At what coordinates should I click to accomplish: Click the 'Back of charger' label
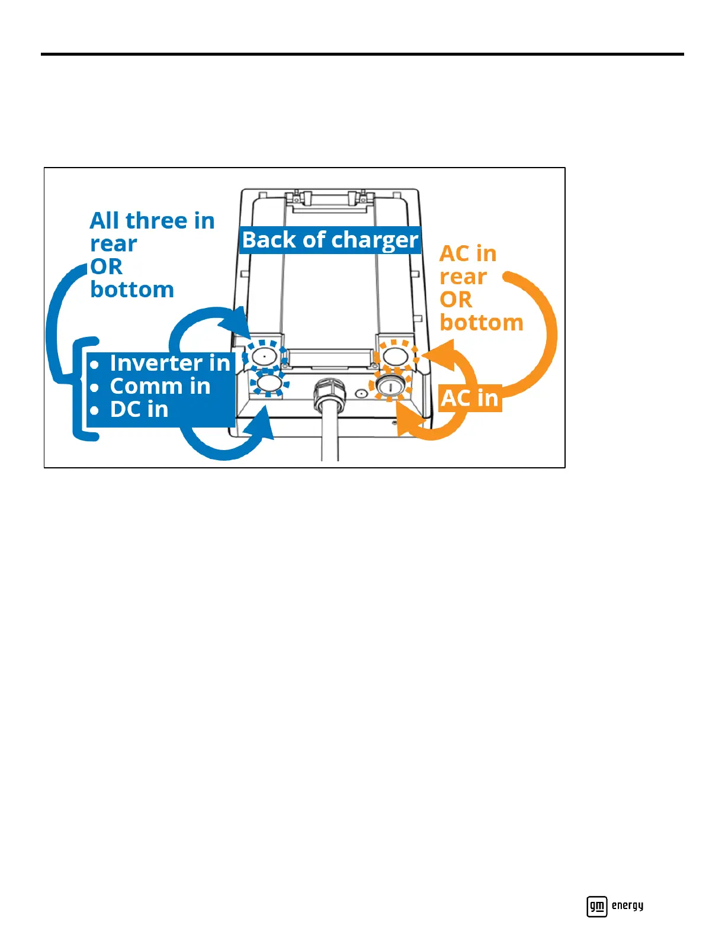tap(330, 240)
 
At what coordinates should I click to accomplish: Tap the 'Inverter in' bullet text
tap(169, 363)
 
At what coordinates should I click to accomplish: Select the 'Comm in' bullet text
tap(160, 386)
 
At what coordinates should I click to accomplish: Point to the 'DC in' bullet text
tap(139, 409)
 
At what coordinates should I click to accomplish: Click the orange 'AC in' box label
tap(470, 398)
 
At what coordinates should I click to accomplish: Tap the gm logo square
tap(596, 906)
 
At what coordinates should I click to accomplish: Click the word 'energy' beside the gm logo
tap(627, 905)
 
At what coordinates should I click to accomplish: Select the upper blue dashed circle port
tap(264, 356)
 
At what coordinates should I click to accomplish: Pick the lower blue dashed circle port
tap(269, 384)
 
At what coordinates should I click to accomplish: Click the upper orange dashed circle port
tap(394, 356)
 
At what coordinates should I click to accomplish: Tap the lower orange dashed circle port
tap(390, 386)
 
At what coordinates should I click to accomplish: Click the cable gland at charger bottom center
tap(329, 392)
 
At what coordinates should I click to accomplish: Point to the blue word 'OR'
tap(107, 266)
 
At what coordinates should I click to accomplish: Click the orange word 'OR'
tap(455, 300)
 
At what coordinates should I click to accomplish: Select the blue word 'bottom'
tap(132, 290)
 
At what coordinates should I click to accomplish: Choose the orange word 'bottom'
tap(482, 323)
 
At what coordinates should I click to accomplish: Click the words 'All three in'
tap(152, 220)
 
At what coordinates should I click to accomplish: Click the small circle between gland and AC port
tap(361, 393)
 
